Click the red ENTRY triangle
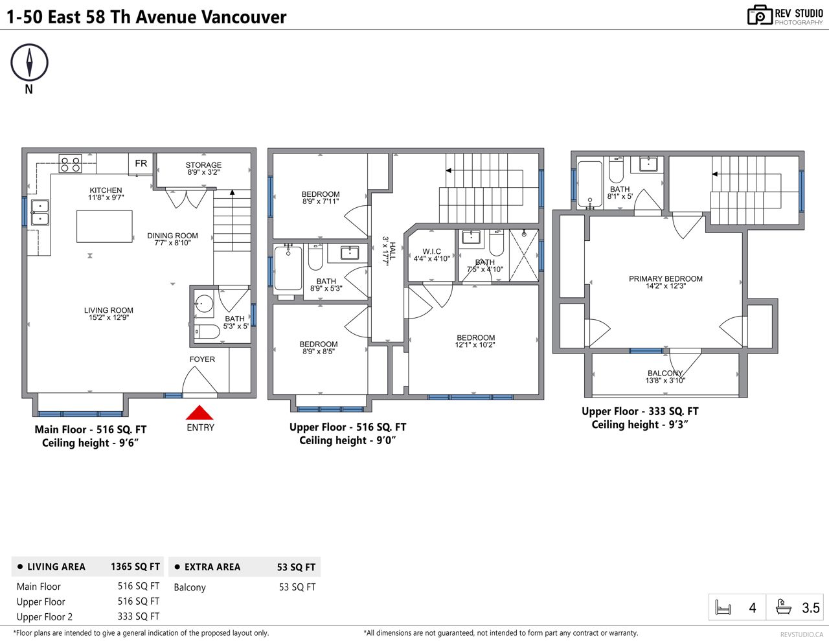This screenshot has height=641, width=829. (199, 412)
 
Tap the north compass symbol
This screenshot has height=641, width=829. (29, 62)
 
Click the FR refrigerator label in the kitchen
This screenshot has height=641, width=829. (141, 163)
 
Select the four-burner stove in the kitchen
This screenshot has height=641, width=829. (70, 163)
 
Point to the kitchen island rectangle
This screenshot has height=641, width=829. (104, 227)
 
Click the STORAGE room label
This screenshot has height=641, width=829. (203, 164)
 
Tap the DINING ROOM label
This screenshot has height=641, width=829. (172, 236)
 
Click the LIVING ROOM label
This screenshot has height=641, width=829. (109, 310)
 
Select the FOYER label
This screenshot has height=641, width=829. (202, 359)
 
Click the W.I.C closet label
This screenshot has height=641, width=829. (432, 252)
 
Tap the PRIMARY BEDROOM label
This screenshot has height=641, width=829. (666, 279)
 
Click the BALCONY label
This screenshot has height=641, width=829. (665, 374)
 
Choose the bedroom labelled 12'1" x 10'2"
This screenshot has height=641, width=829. (476, 341)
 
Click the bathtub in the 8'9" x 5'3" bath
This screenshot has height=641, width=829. (288, 269)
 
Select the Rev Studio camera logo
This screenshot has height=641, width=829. (760, 15)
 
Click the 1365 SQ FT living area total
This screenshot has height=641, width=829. (135, 567)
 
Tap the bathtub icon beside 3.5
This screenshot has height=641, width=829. (784, 607)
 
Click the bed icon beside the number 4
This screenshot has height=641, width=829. (723, 607)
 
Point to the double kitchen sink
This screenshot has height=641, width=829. (40, 213)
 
